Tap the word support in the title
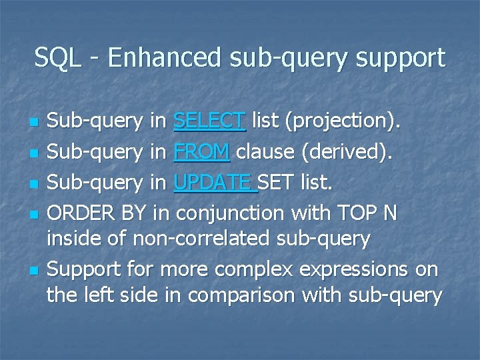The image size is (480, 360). pos(403,58)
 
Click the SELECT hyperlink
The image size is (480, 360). pos(209,121)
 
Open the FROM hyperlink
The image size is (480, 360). pos(201,151)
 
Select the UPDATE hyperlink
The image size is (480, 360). pos(213,182)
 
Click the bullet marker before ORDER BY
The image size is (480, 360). pos(31,215)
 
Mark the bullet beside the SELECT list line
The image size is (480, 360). pos(31,123)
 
